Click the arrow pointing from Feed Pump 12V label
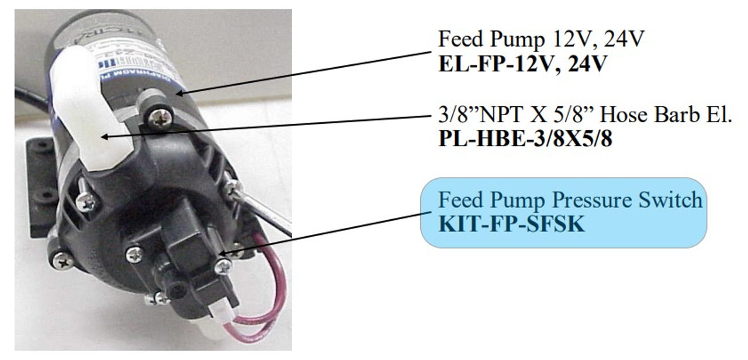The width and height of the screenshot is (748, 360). pyautogui.click(x=304, y=72)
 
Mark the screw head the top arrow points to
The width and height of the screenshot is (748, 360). pyautogui.click(x=158, y=117)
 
